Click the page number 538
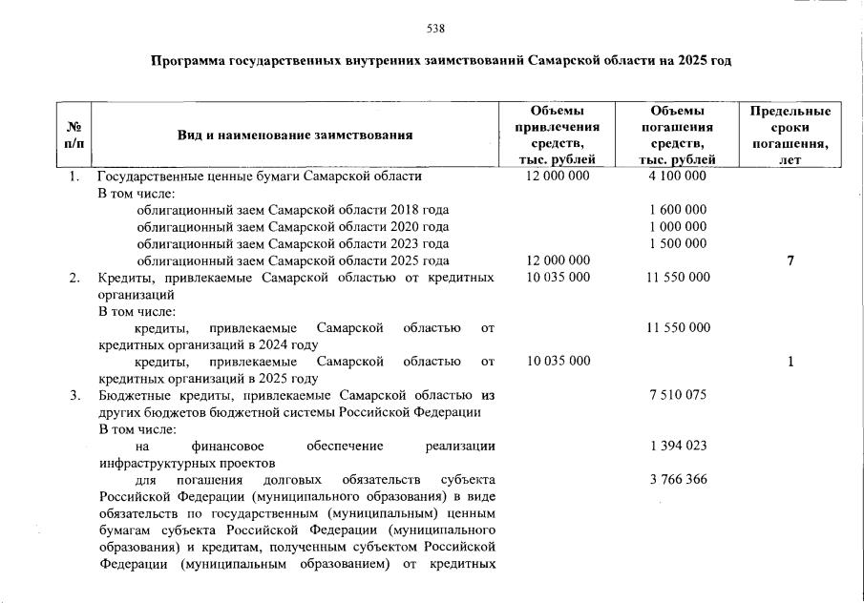point(435,28)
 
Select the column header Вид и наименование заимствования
point(295,135)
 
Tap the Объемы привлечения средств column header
point(558,135)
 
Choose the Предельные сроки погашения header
point(790,135)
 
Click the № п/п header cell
point(74,135)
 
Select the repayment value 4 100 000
point(677,177)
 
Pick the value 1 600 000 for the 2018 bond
point(677,210)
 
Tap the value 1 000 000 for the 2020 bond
point(677,227)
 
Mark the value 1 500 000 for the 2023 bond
point(677,243)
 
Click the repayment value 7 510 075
point(677,395)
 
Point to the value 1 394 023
point(677,446)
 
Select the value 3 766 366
point(677,479)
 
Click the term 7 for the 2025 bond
point(790,260)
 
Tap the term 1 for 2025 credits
point(790,362)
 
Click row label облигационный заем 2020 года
point(292,227)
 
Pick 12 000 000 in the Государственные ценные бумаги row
point(558,177)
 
